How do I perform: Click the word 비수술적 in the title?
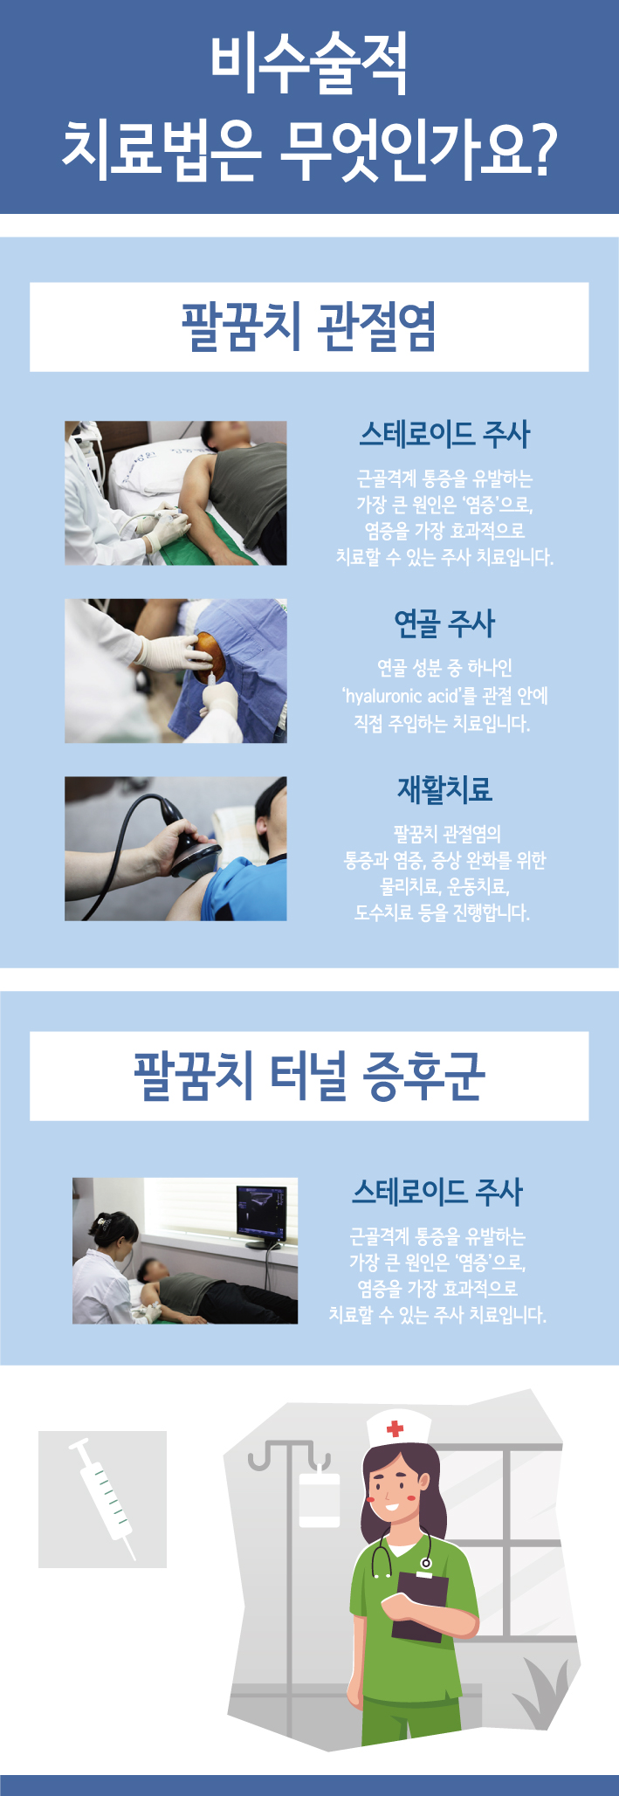click(309, 65)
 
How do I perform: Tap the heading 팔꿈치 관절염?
click(309, 327)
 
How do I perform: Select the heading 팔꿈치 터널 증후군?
click(309, 1076)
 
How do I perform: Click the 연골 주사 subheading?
click(444, 623)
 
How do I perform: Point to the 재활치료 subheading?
click(444, 789)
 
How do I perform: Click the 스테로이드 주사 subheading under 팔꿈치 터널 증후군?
click(437, 1191)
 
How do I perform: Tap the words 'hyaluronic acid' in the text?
click(401, 696)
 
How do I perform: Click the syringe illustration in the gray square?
click(103, 1498)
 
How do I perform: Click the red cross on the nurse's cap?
click(395, 1428)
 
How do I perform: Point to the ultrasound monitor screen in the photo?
click(261, 1209)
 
